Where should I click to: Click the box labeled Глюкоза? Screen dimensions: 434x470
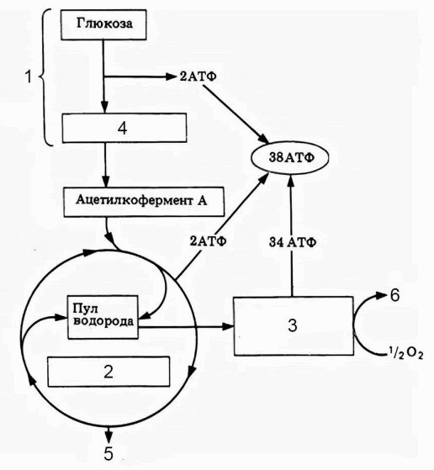(x=103, y=24)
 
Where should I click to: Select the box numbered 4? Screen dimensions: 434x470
(x=124, y=128)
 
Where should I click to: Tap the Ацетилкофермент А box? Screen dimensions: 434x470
(x=144, y=202)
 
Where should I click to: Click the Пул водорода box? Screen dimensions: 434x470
(x=103, y=317)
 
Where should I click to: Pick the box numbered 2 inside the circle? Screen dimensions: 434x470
(x=108, y=372)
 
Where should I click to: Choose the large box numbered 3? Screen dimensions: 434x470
(x=294, y=326)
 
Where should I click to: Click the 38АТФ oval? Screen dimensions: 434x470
(x=289, y=158)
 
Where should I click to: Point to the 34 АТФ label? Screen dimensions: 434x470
(x=293, y=242)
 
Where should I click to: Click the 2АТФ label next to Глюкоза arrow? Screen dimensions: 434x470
(x=198, y=77)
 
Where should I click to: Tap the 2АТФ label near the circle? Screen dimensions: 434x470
(x=208, y=240)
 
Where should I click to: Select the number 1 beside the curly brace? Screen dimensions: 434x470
(x=29, y=77)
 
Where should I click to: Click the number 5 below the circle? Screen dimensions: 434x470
(x=108, y=453)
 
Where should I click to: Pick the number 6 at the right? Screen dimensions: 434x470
(x=394, y=295)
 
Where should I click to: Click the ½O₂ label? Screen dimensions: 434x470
(x=405, y=355)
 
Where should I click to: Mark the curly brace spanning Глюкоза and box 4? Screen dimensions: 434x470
(x=45, y=77)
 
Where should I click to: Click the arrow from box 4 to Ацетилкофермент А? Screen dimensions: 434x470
(x=105, y=165)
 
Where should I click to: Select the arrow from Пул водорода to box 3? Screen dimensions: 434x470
(x=186, y=326)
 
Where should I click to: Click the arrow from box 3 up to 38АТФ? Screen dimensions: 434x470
(x=292, y=235)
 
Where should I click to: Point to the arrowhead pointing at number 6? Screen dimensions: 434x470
(x=381, y=296)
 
